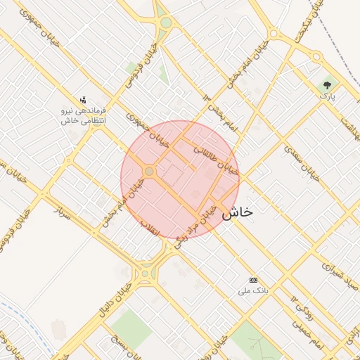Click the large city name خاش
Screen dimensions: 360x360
pos(237,213)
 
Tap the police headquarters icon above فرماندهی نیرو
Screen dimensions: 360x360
pos(84,99)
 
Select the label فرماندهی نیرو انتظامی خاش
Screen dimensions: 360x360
pos(84,116)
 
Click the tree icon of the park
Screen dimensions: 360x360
pos(327,84)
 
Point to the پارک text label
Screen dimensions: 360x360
pos(327,95)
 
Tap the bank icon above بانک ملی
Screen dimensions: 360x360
pos(253,279)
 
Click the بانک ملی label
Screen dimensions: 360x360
pos(253,290)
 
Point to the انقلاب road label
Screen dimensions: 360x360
pos(151,229)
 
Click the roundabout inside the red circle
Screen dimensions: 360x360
pos(149,171)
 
